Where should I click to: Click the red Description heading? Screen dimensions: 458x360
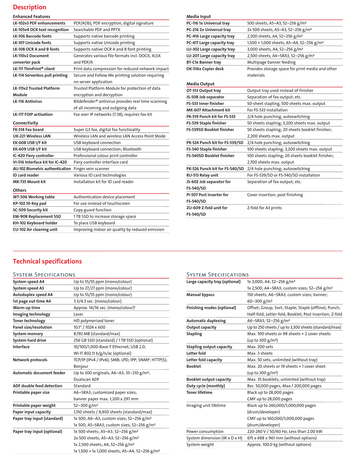click(29, 7)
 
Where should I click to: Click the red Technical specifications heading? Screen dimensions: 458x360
click(47, 261)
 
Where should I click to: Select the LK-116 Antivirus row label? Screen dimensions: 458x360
click(27, 101)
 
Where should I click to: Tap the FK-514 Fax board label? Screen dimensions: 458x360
click(28, 130)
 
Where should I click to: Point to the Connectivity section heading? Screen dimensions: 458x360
click(25, 123)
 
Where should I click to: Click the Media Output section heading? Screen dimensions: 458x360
click(200, 84)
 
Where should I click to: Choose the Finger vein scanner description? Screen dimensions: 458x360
click(91, 169)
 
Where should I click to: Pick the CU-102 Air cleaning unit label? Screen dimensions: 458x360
click(35, 229)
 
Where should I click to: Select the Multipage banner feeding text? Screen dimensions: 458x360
click(271, 62)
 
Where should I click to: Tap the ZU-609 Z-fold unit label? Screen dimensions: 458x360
click(207, 208)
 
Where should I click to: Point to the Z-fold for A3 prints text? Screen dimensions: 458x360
click(264, 208)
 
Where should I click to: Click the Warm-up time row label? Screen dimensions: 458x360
click(26, 308)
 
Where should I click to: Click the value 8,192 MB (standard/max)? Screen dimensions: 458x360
click(97, 334)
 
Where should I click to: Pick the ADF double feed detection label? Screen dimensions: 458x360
click(38, 386)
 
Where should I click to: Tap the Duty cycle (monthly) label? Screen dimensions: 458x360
click(206, 386)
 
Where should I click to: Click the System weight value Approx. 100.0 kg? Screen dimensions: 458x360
click(279, 445)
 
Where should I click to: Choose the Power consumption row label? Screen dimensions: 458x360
click(205, 432)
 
